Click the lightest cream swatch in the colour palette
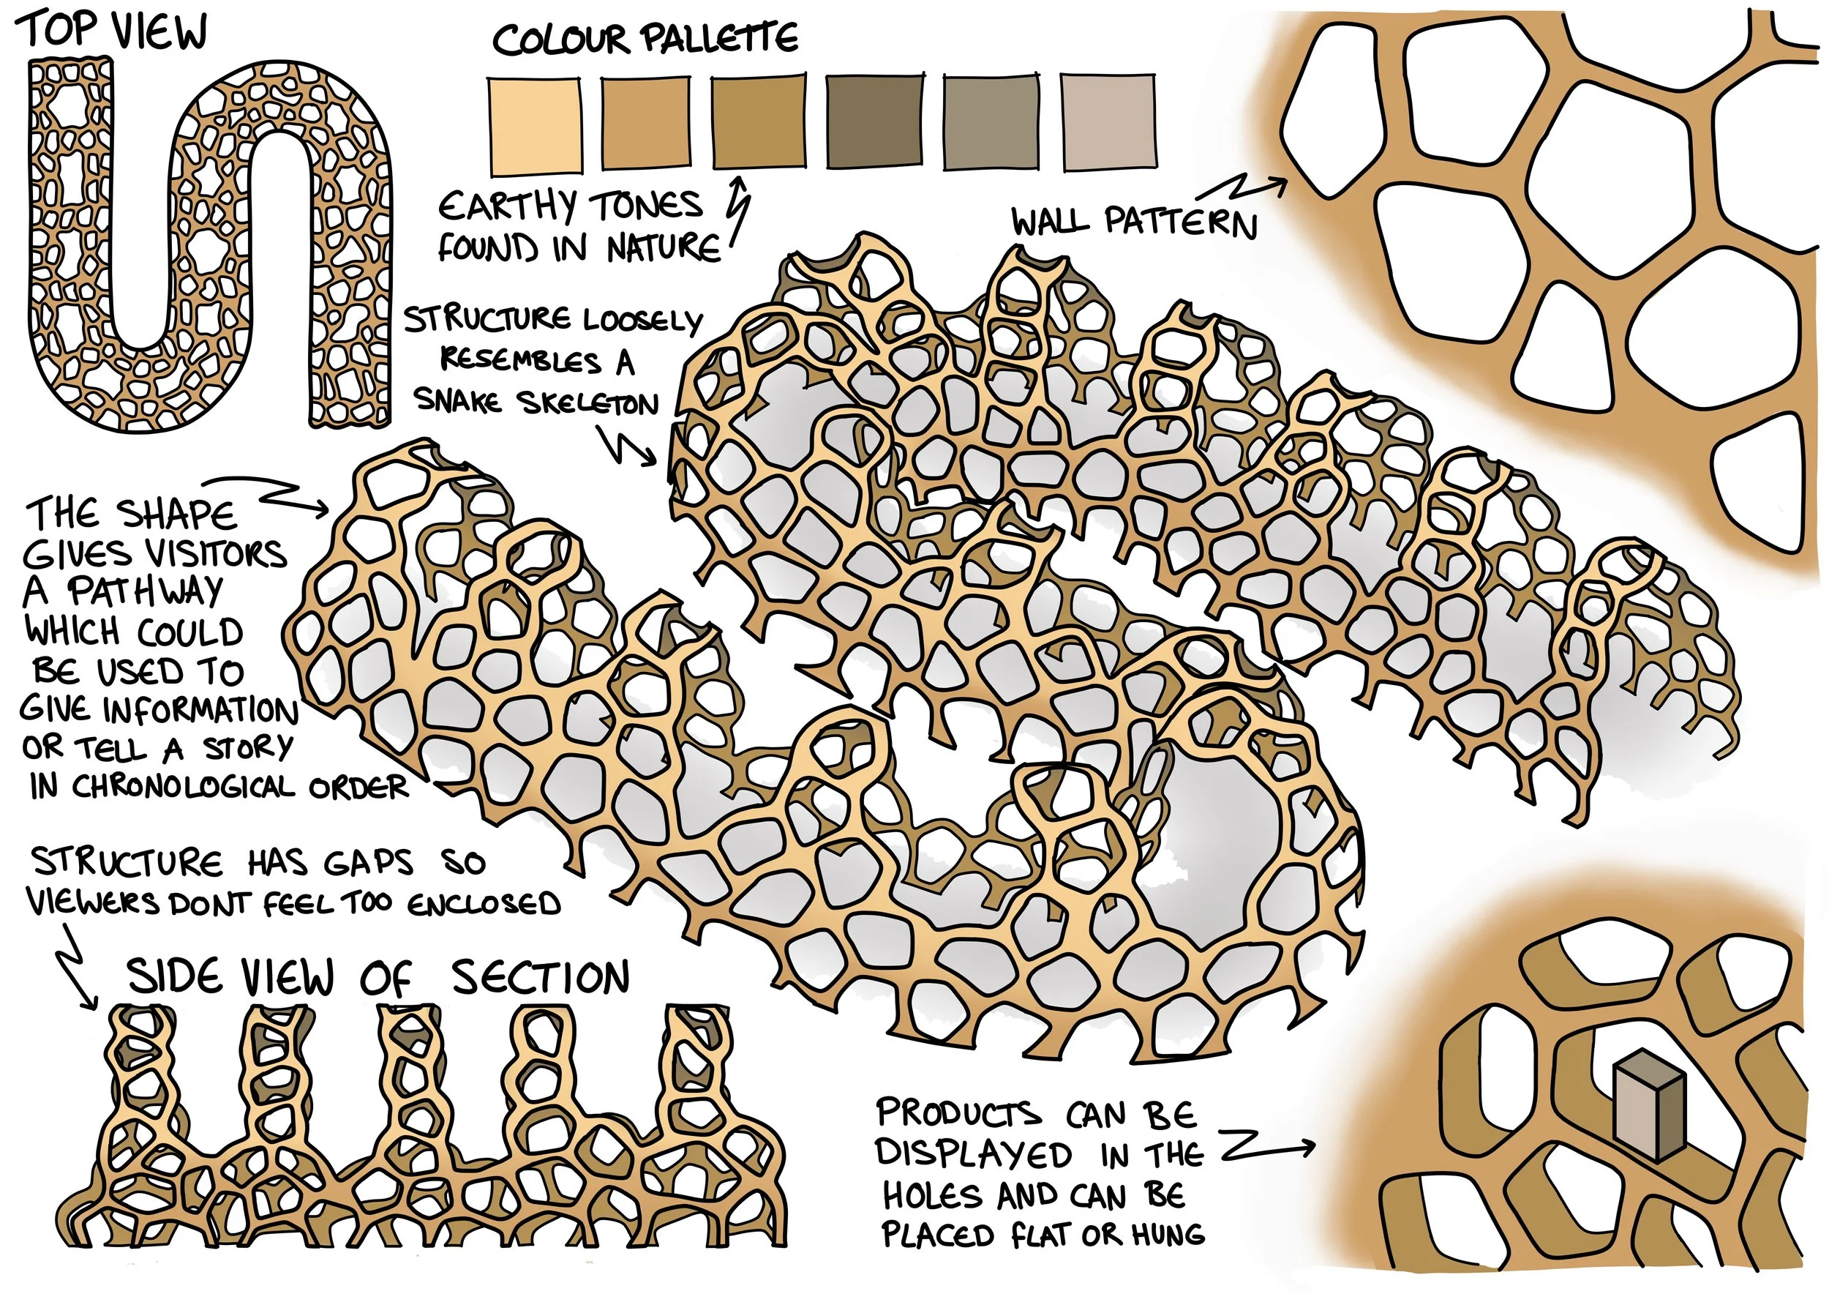(x=534, y=125)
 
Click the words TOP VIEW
(x=113, y=32)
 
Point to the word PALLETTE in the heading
(x=718, y=38)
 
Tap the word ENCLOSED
(x=484, y=904)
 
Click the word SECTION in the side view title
(x=540, y=978)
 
